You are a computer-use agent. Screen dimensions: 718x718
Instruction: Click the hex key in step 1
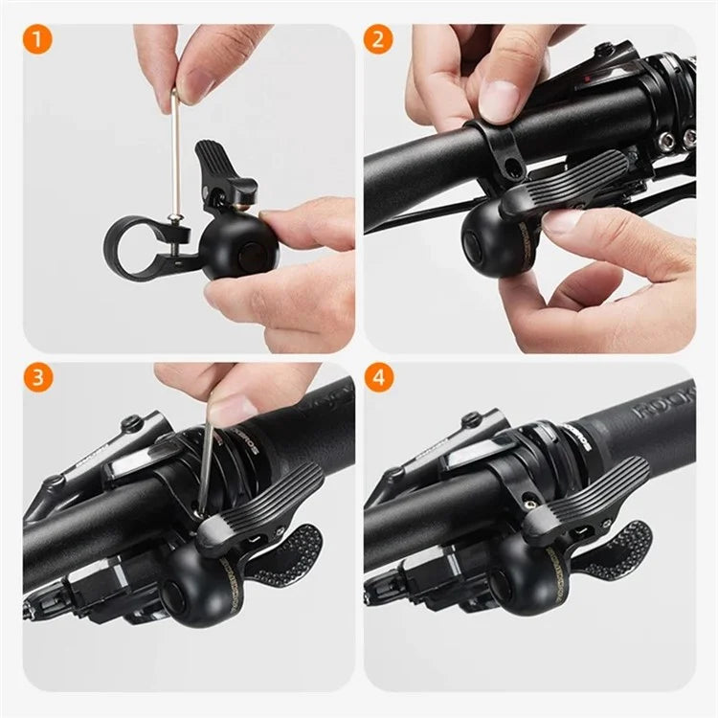tap(175, 163)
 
